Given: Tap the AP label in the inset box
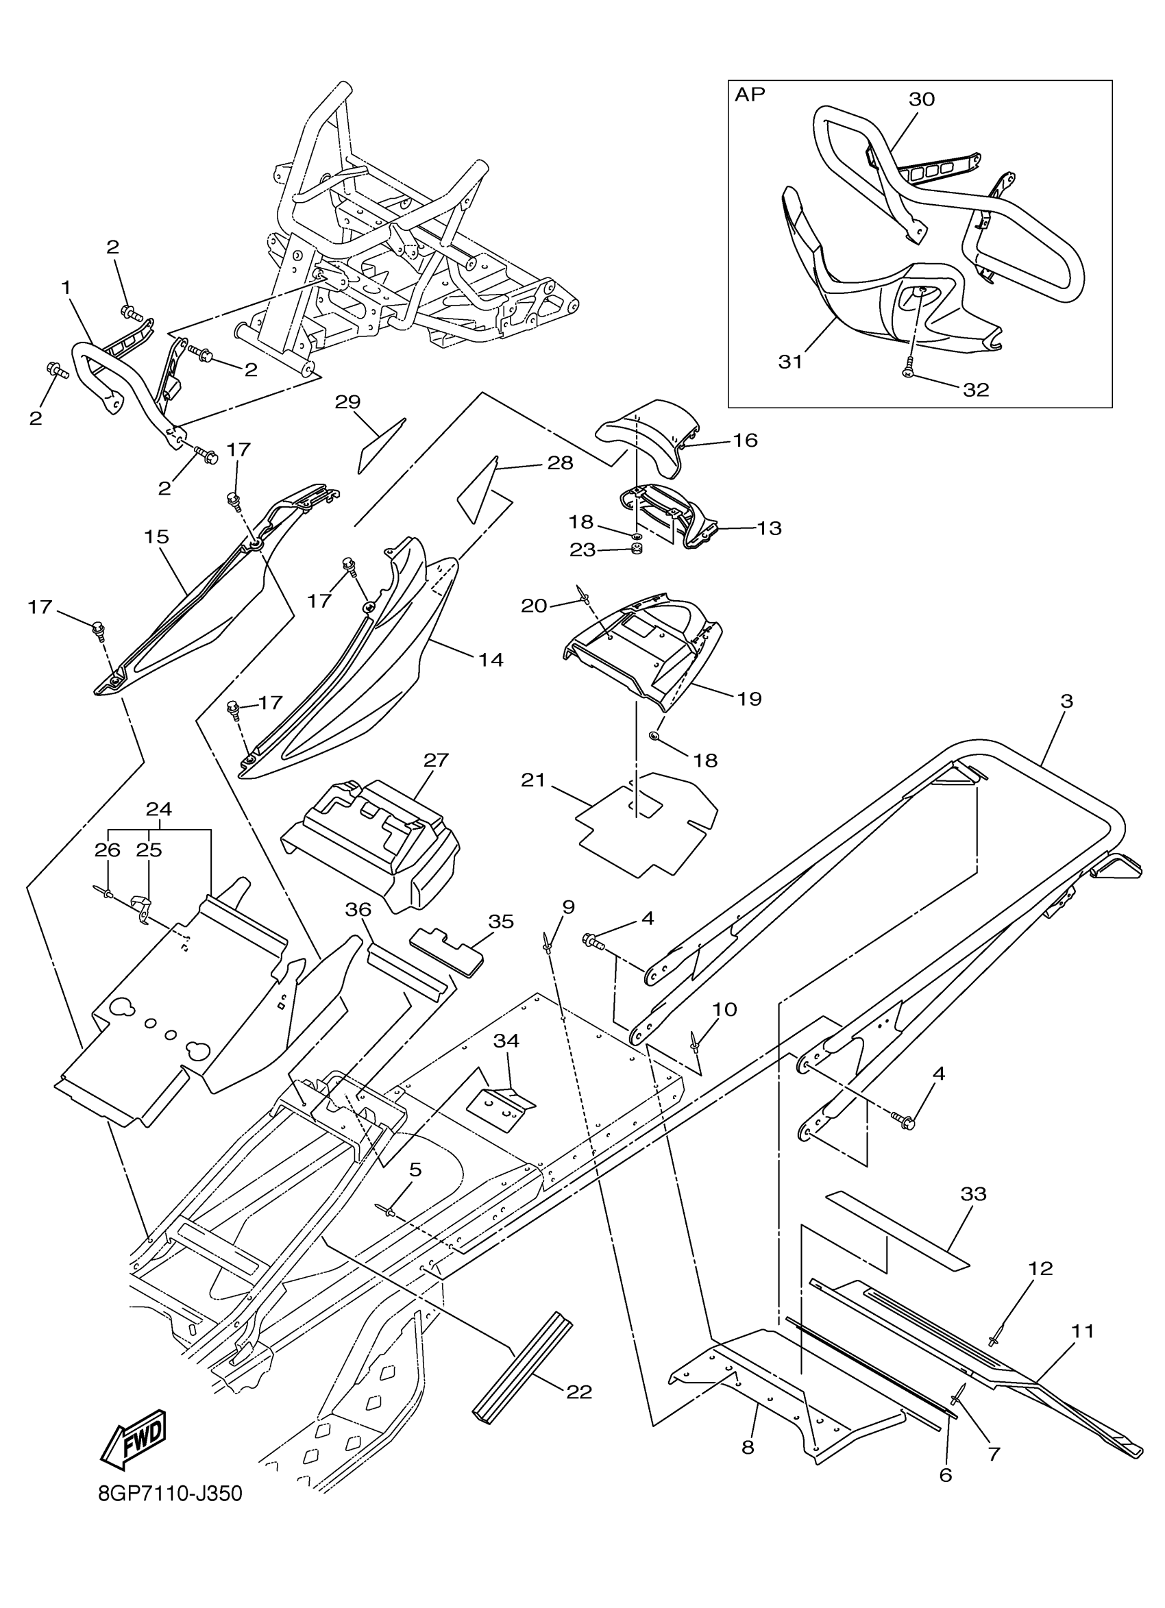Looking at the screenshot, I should click(750, 95).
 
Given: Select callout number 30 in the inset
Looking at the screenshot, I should click(921, 99).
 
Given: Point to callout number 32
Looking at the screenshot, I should click(976, 389).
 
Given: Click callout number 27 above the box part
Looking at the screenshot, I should click(436, 760).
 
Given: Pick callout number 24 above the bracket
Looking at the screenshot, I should click(159, 809).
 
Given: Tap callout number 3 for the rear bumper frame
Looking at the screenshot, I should click(1066, 701).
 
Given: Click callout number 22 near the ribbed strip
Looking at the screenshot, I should click(578, 1392).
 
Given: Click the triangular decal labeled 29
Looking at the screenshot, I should click(380, 445).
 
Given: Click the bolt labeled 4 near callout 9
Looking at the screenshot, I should click(592, 943).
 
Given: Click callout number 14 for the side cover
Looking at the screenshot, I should click(491, 659).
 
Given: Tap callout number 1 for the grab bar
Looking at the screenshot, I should click(66, 288).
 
